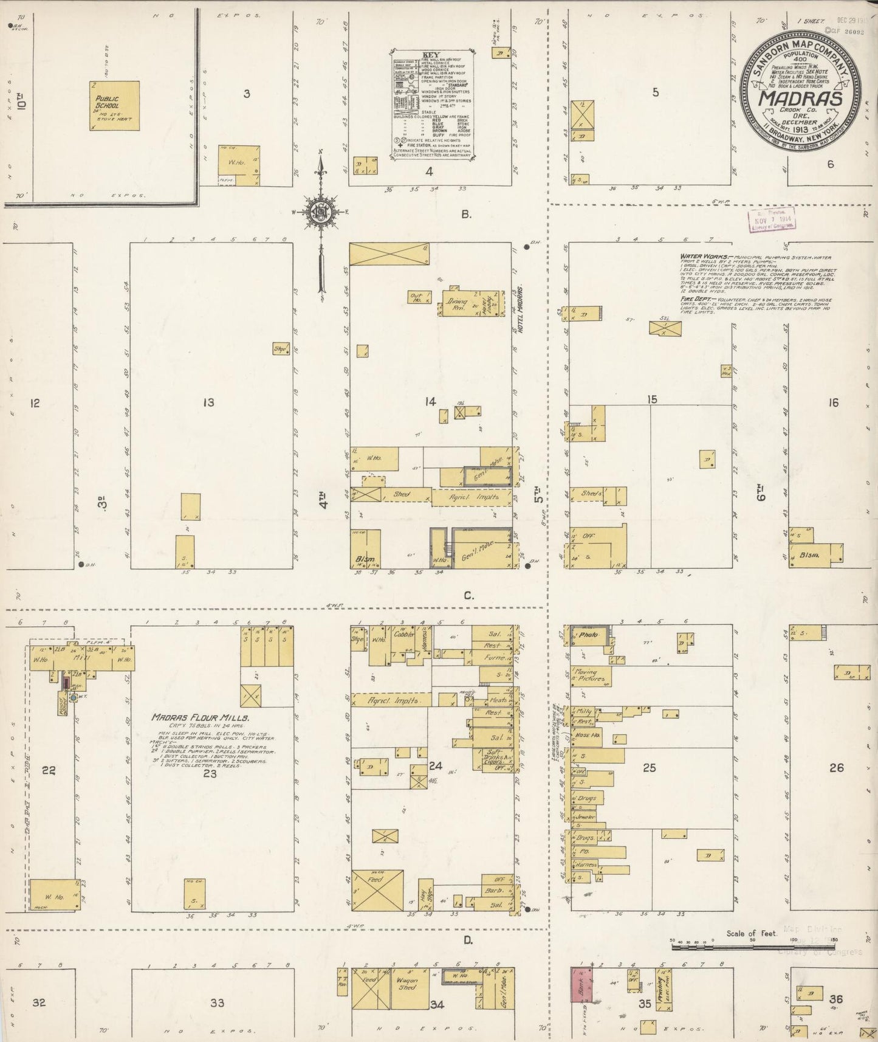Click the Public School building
(115, 105)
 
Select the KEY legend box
(431, 105)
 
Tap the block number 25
(650, 768)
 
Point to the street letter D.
(468, 940)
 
